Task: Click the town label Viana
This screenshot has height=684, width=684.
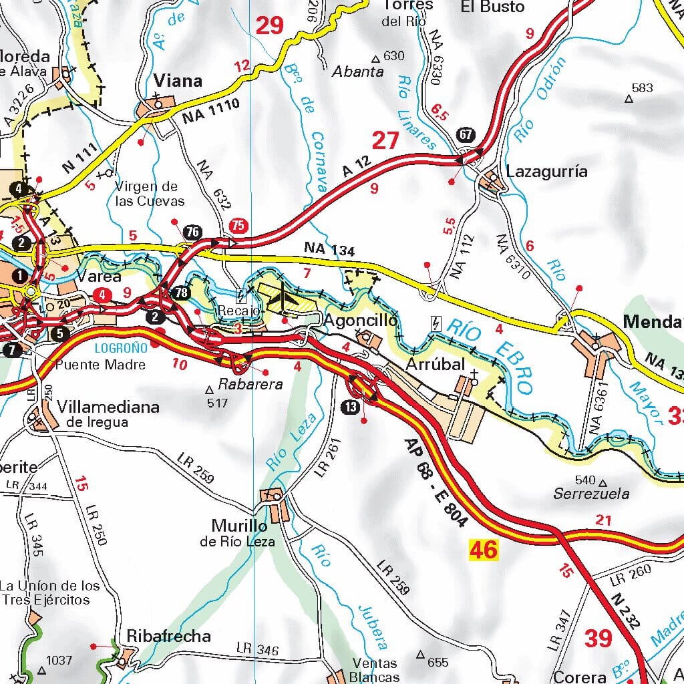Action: point(178,81)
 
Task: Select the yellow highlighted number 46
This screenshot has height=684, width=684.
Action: point(484,550)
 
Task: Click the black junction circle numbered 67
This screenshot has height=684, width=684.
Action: point(466,134)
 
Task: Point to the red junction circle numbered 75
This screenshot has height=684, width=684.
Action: point(237,226)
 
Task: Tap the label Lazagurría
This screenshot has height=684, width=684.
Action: point(547,172)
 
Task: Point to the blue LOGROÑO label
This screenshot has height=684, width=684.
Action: point(120,348)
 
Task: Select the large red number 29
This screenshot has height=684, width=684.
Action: point(270,25)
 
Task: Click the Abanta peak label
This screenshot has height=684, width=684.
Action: point(358,72)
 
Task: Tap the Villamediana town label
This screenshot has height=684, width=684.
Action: point(108,407)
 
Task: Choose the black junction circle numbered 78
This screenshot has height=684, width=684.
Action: point(180,293)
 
